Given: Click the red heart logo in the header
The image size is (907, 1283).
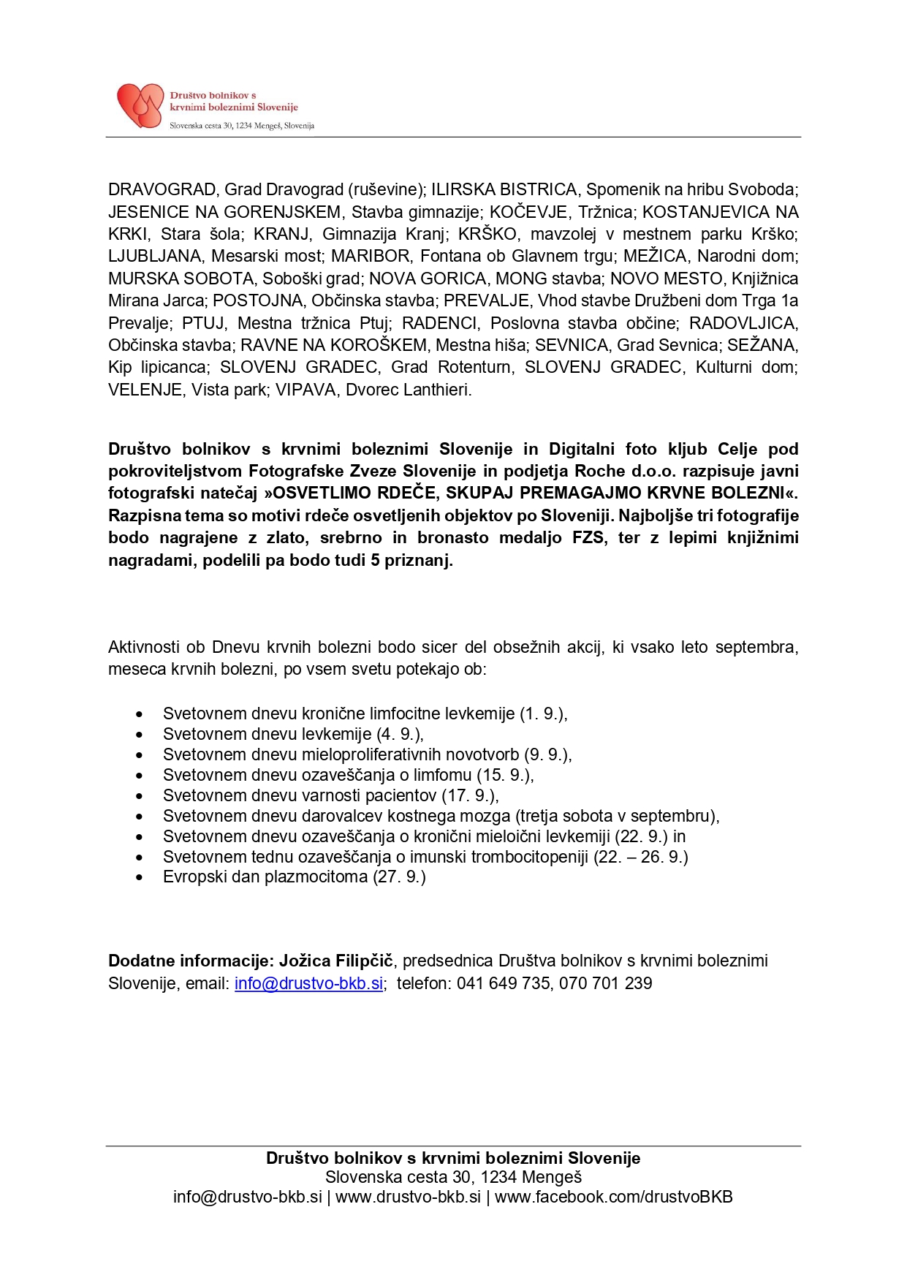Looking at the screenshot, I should coord(140,106).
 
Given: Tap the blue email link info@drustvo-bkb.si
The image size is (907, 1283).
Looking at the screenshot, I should coord(308,984).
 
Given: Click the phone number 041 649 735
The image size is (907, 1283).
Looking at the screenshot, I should coord(504,984).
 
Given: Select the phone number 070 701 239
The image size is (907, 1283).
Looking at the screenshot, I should coord(606,984).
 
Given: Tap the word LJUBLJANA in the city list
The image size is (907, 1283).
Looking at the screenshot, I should coord(155,257).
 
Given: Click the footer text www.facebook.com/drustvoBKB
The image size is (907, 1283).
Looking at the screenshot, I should coord(614,1197).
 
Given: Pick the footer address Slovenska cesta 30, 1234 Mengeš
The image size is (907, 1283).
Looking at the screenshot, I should coord(453,1178).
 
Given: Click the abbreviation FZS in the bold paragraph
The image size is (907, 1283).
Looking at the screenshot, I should coord(589,538).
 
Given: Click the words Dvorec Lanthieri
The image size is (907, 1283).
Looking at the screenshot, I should coord(409,390).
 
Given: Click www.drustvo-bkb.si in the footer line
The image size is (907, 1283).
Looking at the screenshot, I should coord(408,1197).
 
